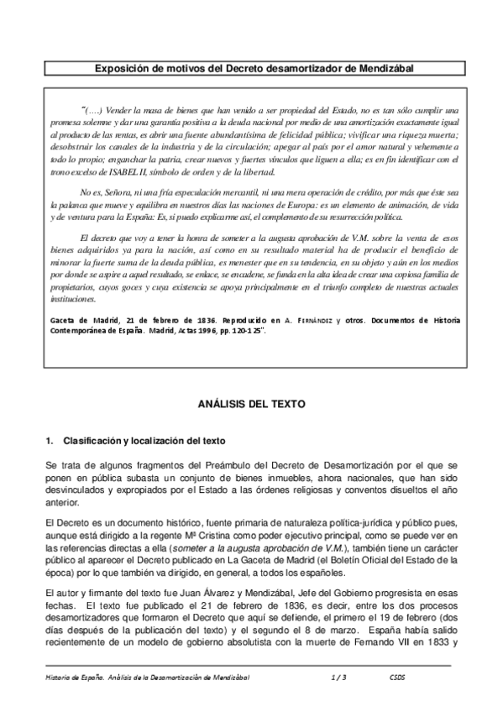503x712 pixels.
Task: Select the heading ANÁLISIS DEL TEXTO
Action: tap(251, 403)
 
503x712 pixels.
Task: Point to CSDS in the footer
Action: tap(399, 675)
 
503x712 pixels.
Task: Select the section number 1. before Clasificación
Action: tap(50, 441)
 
